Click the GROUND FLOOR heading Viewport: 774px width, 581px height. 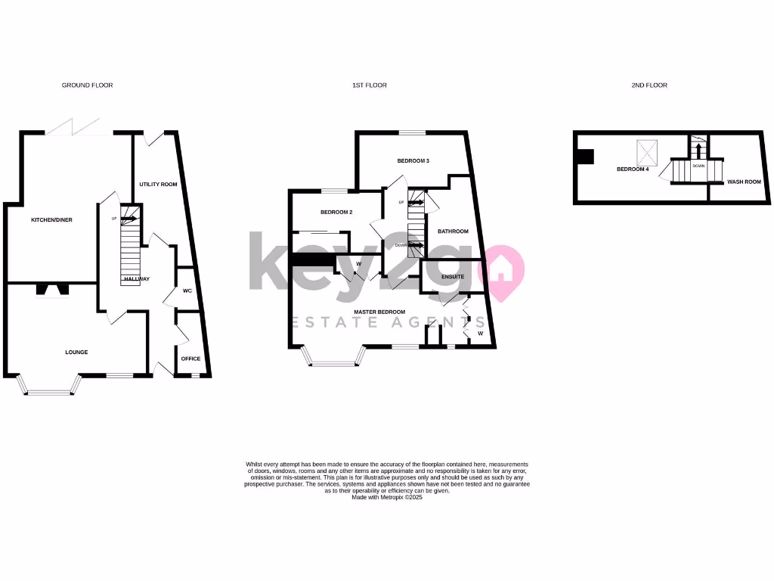(87, 85)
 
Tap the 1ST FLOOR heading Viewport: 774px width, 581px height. (370, 85)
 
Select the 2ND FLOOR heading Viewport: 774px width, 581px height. (649, 85)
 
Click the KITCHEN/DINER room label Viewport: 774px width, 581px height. (51, 220)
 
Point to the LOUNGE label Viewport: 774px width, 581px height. (76, 352)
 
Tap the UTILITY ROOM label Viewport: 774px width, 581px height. (158, 185)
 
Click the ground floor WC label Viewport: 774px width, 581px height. (187, 290)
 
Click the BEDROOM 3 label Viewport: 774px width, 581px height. (413, 161)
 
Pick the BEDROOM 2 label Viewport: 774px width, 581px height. (336, 213)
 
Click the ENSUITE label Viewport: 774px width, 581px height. (453, 277)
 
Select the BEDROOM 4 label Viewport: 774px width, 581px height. (633, 169)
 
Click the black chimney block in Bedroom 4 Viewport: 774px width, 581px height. (585, 157)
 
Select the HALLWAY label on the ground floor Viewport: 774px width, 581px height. (137, 279)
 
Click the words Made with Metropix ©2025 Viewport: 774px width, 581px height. (387, 497)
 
